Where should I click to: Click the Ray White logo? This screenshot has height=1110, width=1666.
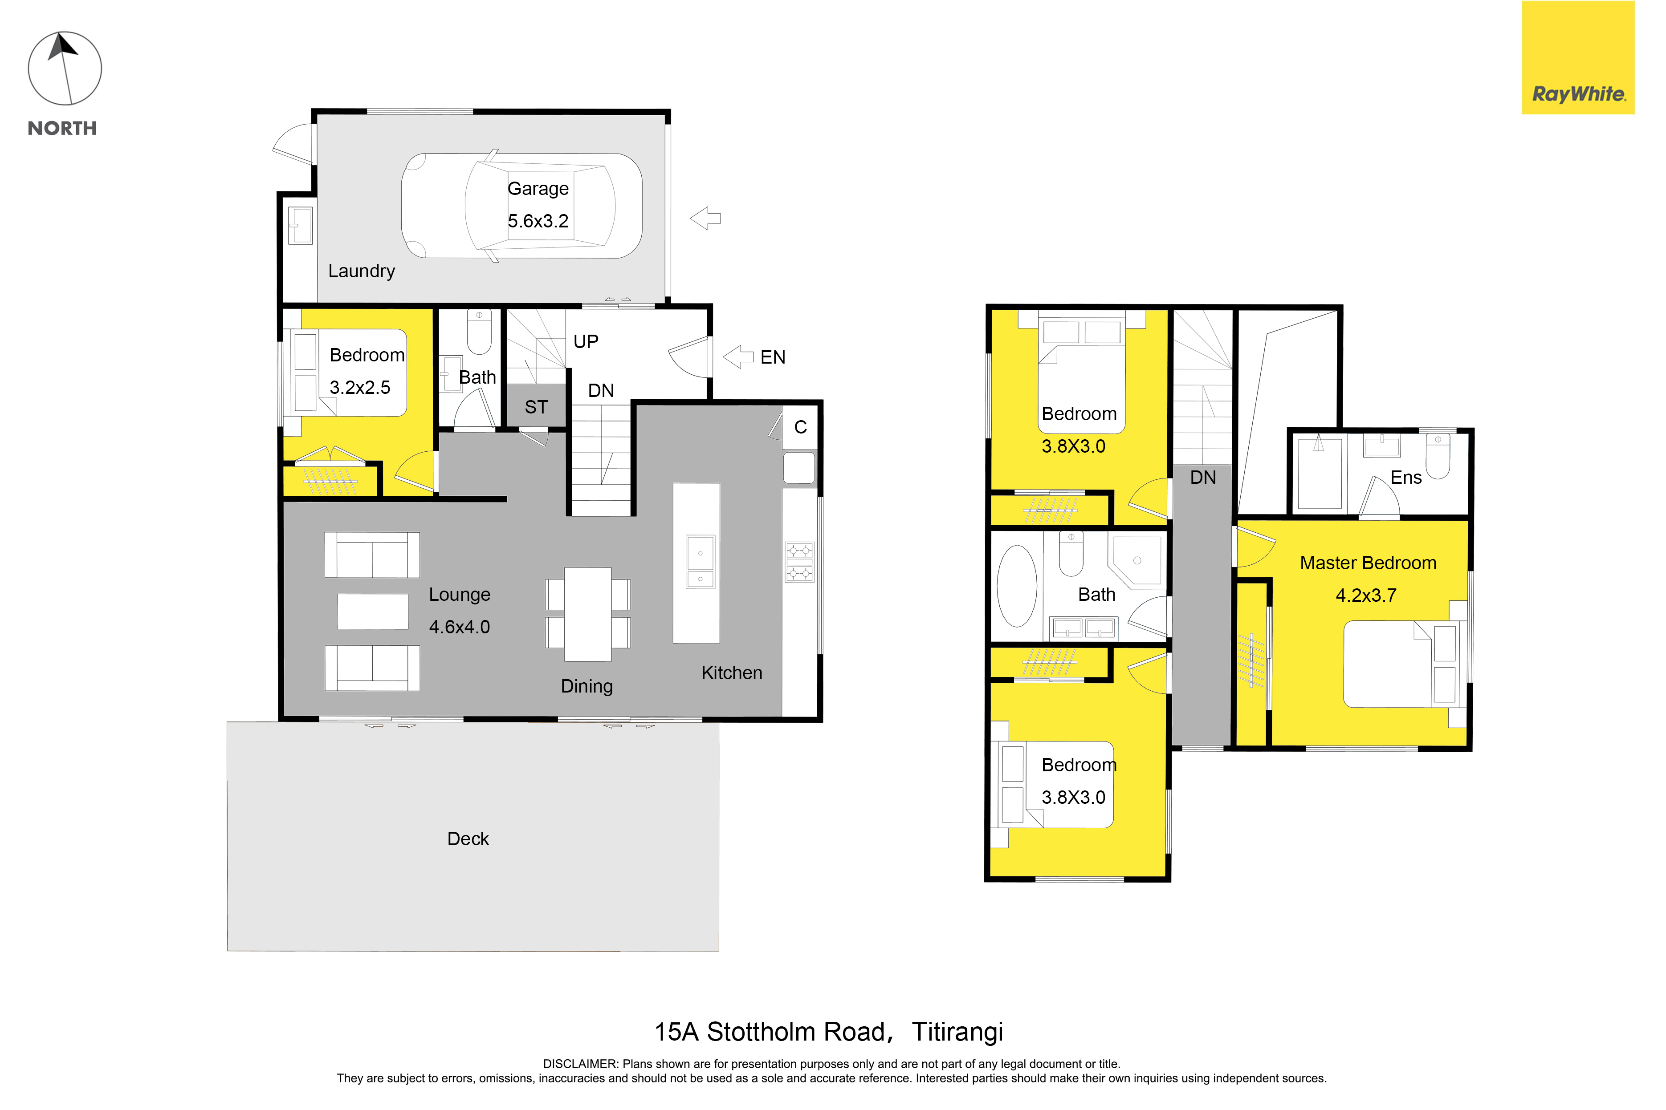1578,57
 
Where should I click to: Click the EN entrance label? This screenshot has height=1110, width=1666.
773,357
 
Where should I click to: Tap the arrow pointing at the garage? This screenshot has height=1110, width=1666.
705,218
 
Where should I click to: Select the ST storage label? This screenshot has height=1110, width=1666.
536,407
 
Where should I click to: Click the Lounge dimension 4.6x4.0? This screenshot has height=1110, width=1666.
459,627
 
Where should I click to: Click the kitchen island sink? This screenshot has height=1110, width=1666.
701,562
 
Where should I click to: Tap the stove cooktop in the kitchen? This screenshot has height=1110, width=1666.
800,562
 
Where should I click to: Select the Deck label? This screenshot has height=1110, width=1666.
468,839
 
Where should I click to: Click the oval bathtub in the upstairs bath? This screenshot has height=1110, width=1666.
1017,586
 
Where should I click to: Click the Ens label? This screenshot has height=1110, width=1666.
1406,478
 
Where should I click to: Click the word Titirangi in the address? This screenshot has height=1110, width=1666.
957,1032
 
